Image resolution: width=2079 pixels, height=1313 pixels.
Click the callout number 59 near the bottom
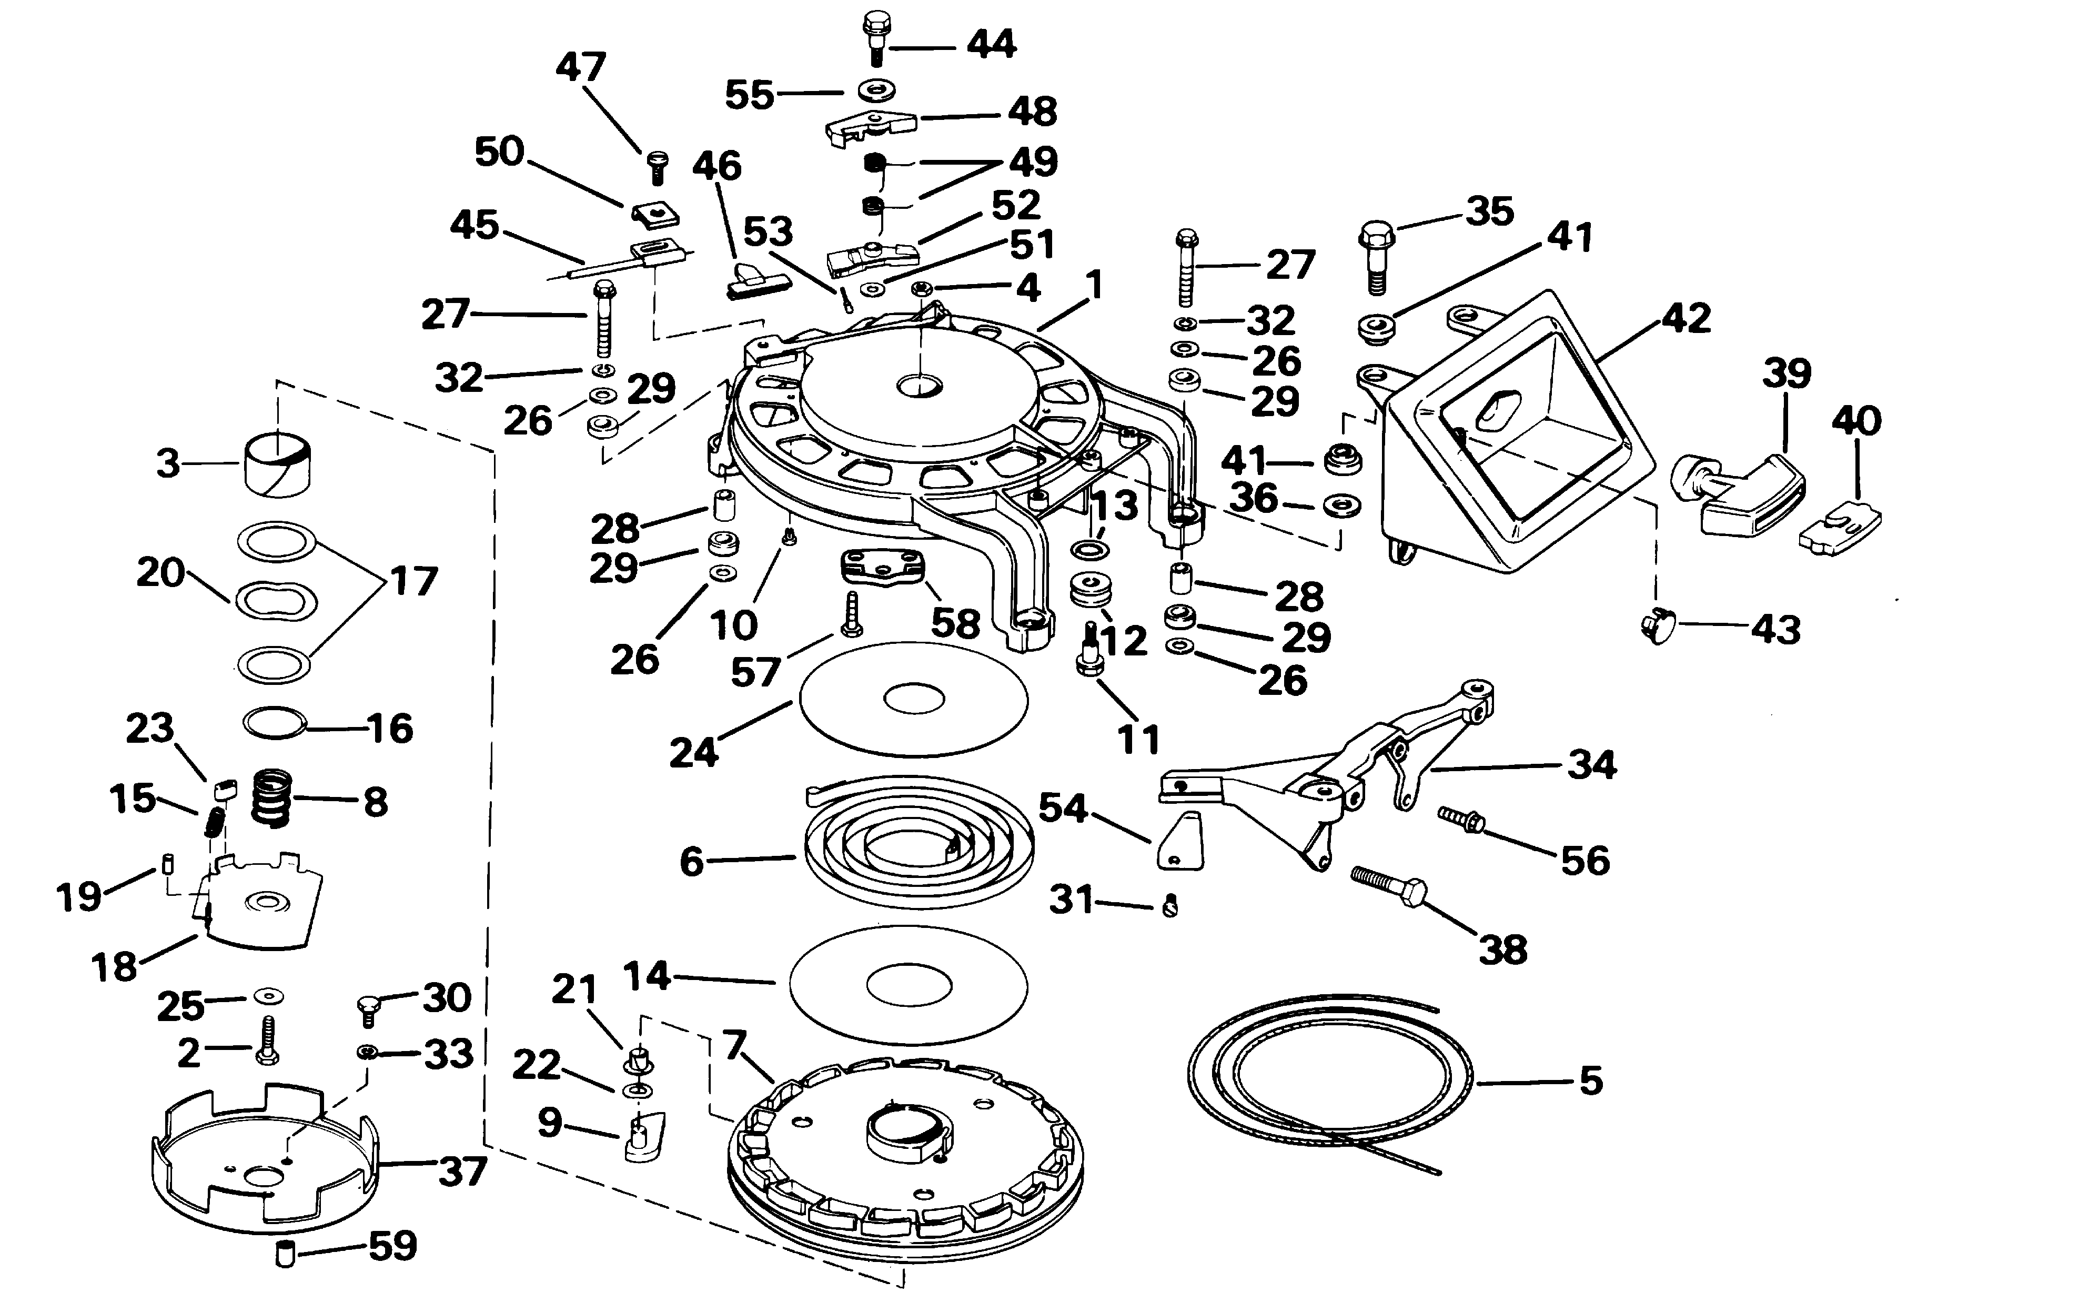(393, 1246)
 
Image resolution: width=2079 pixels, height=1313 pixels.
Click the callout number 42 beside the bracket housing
(1686, 319)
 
